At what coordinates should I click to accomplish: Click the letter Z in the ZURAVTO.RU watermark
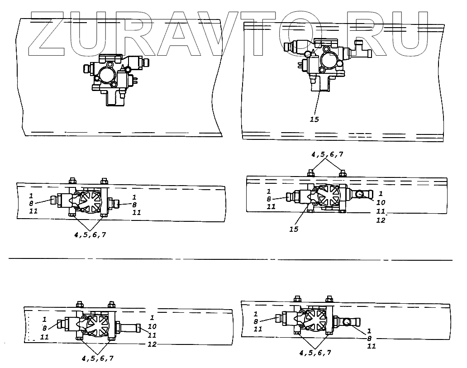[47, 34]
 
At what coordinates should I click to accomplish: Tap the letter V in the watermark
[226, 34]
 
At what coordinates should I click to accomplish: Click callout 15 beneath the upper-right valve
[314, 119]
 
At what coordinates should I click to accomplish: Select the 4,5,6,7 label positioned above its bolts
[327, 154]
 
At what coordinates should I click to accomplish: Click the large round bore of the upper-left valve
[106, 76]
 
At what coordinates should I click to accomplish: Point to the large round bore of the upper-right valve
[329, 60]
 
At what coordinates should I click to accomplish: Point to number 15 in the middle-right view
[294, 229]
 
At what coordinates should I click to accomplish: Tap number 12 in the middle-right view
[381, 220]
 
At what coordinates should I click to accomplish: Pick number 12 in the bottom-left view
[152, 344]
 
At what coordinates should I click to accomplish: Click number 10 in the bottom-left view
[152, 326]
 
